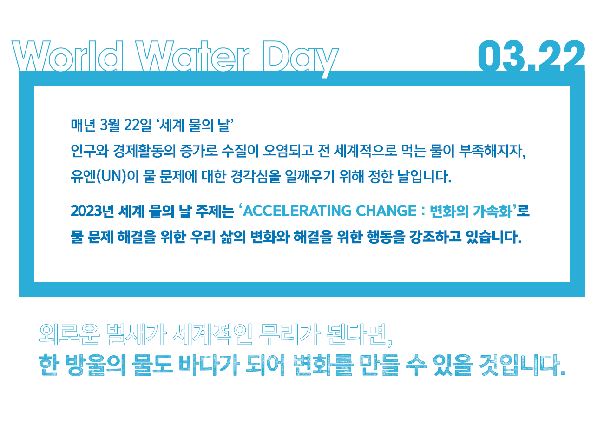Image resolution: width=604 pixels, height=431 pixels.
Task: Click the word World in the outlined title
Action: pyautogui.click(x=68, y=56)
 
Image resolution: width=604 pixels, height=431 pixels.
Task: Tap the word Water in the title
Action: pyautogui.click(x=192, y=56)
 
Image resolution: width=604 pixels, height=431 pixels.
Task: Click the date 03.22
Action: pyautogui.click(x=532, y=56)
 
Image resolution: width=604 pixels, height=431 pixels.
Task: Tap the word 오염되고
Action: pyautogui.click(x=288, y=151)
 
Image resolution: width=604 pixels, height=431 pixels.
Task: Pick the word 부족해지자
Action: pyautogui.click(x=492, y=151)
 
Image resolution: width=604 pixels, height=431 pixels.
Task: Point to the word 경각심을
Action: pyautogui.click(x=256, y=177)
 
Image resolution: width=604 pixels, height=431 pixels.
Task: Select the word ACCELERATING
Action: pyautogui.click(x=297, y=211)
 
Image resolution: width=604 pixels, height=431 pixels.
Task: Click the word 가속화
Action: pyautogui.click(x=492, y=211)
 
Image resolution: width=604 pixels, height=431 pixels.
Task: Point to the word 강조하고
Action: pyautogui.click(x=435, y=237)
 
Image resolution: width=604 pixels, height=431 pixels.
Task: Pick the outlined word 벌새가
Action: pyautogui.click(x=137, y=334)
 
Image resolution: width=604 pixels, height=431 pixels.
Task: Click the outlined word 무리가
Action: pyautogui.click(x=289, y=334)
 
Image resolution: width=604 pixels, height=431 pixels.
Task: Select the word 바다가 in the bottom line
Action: pyautogui.click(x=210, y=365)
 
